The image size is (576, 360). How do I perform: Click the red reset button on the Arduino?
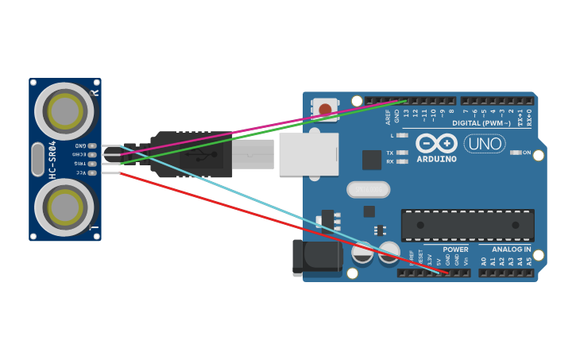coord(325,109)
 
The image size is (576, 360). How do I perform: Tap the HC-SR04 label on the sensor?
coord(53,159)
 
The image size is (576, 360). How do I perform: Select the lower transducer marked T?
coord(64,207)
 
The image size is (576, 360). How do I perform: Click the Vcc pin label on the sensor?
coord(81,172)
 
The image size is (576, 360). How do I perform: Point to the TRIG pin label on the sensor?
coord(80,163)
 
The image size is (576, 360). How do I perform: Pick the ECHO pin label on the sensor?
coord(80,154)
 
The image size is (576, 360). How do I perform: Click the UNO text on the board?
coord(485,144)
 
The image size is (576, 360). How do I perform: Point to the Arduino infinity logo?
coord(436,144)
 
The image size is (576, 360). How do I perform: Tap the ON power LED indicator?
coord(516,153)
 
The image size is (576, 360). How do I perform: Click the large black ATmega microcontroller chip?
coord(467,226)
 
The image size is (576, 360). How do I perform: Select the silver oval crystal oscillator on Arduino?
coord(369,189)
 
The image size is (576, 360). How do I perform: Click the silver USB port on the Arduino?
coord(308,154)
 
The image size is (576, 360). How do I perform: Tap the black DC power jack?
coord(316,258)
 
